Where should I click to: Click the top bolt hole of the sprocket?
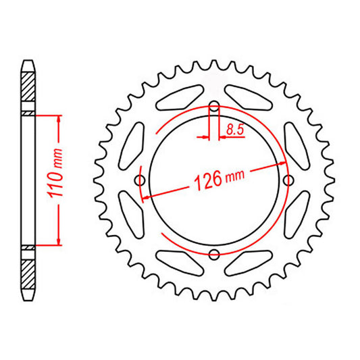pyautogui.click(x=215, y=107)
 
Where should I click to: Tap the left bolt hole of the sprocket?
pyautogui.click(x=141, y=180)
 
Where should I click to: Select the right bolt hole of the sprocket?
pyautogui.click(x=289, y=180)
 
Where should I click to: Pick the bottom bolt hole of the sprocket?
pyautogui.click(x=215, y=254)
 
